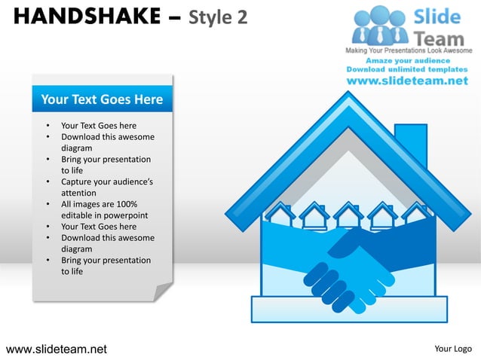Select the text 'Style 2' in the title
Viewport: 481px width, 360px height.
(219, 16)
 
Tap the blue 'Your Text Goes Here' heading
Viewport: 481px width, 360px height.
(102, 99)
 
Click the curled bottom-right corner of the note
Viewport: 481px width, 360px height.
(162, 291)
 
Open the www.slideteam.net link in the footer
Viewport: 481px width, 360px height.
(57, 349)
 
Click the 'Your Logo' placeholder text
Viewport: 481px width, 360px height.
(453, 349)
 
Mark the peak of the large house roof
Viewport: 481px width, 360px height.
(348, 99)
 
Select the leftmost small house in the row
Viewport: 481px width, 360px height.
(280, 215)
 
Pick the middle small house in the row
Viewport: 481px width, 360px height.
(348, 215)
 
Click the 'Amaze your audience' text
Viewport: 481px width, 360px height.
(408, 60)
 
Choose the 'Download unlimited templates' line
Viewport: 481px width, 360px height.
(408, 69)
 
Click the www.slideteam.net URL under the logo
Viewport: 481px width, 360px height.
(408, 81)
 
